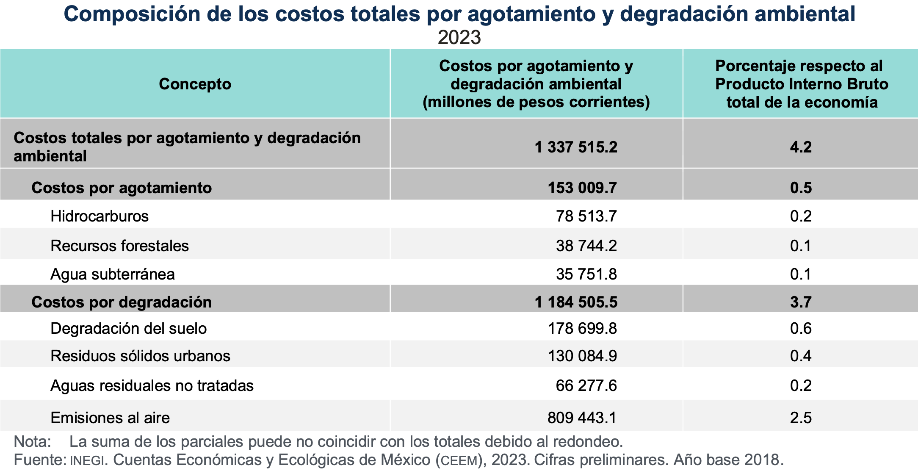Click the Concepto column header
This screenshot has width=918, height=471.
(195, 84)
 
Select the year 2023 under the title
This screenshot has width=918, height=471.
(459, 37)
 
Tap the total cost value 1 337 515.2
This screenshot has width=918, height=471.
(576, 147)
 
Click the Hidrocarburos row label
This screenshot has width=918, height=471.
(100, 216)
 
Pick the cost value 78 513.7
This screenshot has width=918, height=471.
(586, 216)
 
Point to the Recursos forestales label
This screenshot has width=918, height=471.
(119, 246)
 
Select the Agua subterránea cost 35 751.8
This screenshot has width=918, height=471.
(586, 274)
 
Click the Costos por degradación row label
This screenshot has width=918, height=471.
(122, 302)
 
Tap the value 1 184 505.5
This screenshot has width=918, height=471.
(576, 302)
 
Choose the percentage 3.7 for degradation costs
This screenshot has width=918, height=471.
(801, 302)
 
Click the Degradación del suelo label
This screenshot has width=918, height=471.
(128, 328)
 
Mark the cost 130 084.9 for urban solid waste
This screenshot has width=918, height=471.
(582, 356)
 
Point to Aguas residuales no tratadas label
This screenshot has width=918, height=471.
(152, 385)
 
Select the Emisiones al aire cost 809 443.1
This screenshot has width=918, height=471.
(582, 418)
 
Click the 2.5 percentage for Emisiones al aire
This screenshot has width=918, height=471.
(801, 418)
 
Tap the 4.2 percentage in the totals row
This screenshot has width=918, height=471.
(801, 147)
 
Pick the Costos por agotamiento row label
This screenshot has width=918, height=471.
(122, 188)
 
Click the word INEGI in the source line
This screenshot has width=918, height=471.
(87, 460)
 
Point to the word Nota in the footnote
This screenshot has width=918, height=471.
(32, 442)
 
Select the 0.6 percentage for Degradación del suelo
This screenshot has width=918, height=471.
(801, 328)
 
